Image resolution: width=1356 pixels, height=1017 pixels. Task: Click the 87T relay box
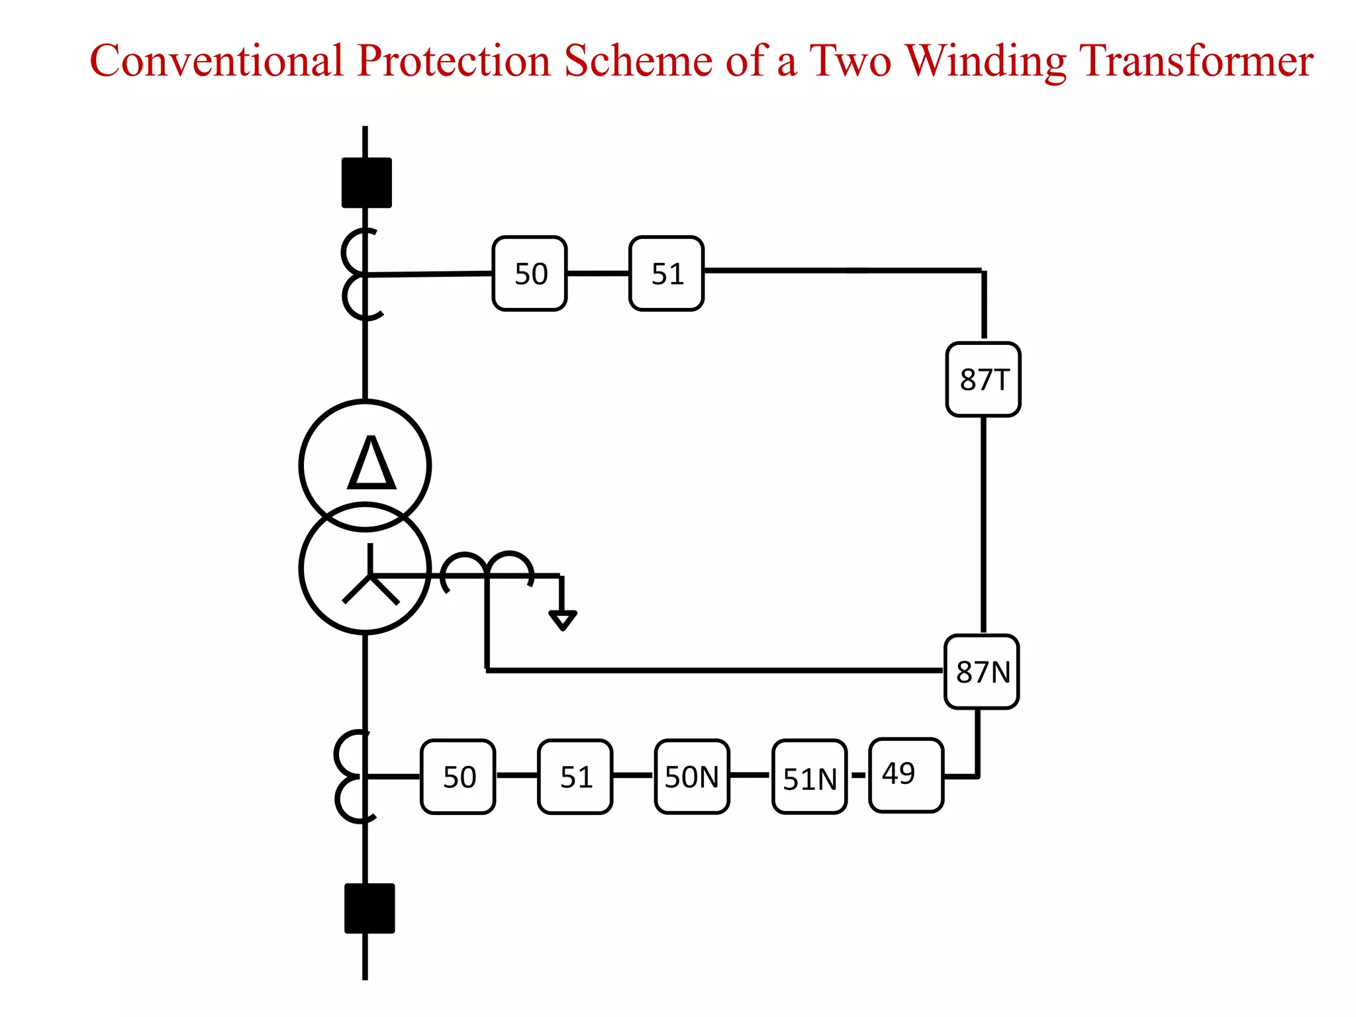[x=983, y=379]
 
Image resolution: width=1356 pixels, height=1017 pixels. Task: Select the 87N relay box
[x=981, y=671]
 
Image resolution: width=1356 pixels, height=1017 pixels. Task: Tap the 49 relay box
[x=905, y=775]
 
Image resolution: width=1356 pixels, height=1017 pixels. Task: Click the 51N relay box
[x=809, y=777]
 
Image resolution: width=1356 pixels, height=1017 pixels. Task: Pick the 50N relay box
[x=692, y=776]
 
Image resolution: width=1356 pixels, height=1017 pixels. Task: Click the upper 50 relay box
[x=530, y=273]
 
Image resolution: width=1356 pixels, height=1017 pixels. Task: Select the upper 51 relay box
[x=666, y=273]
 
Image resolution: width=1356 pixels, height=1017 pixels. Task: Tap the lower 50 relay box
[x=458, y=777]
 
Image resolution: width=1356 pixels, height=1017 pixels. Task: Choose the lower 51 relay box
[x=575, y=777]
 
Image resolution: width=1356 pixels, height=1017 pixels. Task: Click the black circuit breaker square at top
[x=366, y=183]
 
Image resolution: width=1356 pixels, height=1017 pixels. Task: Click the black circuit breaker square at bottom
[x=369, y=908]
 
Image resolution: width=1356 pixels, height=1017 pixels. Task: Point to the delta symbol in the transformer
[x=371, y=463]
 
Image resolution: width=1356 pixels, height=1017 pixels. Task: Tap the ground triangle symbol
[x=562, y=620]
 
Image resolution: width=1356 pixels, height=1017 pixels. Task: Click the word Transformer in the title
[x=1196, y=61]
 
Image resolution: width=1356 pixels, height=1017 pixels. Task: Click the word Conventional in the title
[x=216, y=61]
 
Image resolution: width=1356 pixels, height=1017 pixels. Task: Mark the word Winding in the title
[x=985, y=61]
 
